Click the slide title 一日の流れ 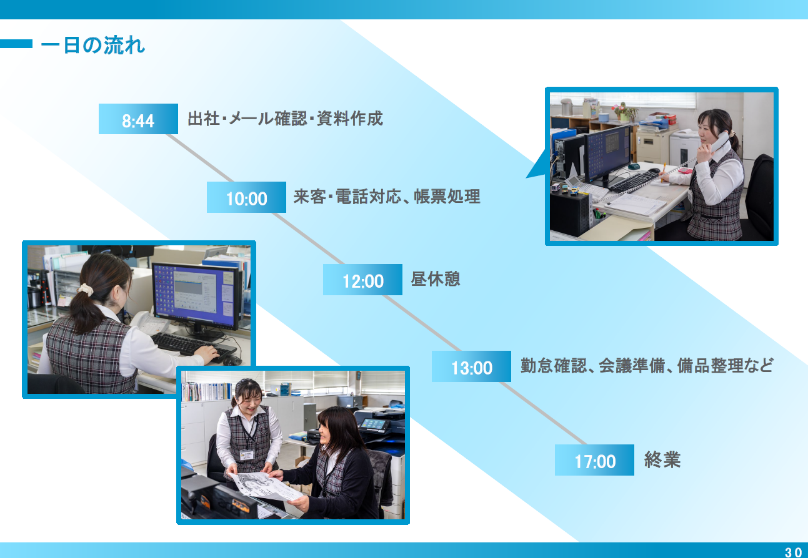pyautogui.click(x=93, y=46)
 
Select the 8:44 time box pyautogui.click(x=138, y=119)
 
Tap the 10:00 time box pyautogui.click(x=246, y=197)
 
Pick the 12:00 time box pyautogui.click(x=362, y=280)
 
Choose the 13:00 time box pyautogui.click(x=471, y=366)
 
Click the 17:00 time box pyautogui.click(x=594, y=459)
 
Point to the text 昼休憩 pyautogui.click(x=436, y=279)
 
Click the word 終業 pyautogui.click(x=662, y=459)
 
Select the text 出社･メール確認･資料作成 pyautogui.click(x=285, y=119)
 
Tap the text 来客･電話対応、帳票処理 pyautogui.click(x=387, y=197)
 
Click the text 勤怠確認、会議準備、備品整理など pyautogui.click(x=647, y=366)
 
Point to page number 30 pyautogui.click(x=793, y=552)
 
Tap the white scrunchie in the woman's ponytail pyautogui.click(x=85, y=290)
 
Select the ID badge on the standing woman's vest pyautogui.click(x=247, y=454)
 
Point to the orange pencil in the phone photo pyautogui.click(x=663, y=172)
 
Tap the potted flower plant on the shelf pyautogui.click(x=624, y=112)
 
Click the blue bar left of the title pyautogui.click(x=16, y=44)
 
